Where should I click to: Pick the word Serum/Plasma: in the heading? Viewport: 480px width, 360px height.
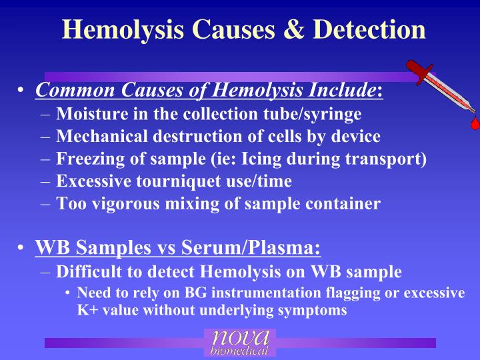pos(265,249)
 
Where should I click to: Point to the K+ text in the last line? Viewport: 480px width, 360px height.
pos(87,310)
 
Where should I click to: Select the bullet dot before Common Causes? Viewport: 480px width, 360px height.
pos(22,90)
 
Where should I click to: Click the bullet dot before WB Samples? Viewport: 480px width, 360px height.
pos(22,249)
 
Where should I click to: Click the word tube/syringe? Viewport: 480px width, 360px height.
pos(320,114)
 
